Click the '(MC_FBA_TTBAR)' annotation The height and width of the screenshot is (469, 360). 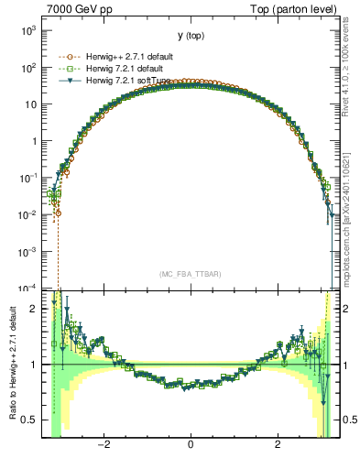click(190, 273)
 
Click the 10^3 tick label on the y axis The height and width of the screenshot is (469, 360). click(30, 30)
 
